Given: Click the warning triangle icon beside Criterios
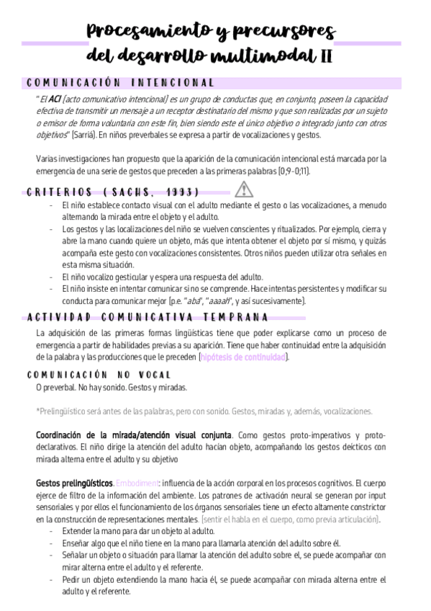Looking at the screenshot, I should tap(244, 189).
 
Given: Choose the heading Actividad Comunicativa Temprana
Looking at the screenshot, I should tap(148, 317).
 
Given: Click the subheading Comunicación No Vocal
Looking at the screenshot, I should tap(99, 375).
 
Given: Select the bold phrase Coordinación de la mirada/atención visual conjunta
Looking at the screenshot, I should tap(134, 435).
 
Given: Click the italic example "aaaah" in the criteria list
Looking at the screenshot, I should tap(220, 300).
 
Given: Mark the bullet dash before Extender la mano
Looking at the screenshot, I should tap(52, 530).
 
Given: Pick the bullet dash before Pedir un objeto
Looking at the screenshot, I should tap(52, 579).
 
